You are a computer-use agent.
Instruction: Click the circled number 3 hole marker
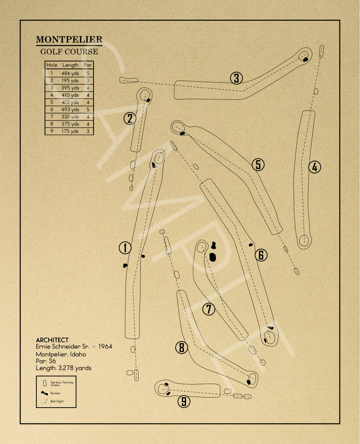(237, 78)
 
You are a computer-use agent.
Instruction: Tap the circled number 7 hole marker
(208, 309)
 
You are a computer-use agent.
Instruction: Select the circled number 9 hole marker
(184, 401)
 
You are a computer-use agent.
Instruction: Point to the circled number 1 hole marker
(125, 248)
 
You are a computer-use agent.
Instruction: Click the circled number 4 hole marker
(315, 167)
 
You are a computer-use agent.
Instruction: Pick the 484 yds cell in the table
(70, 73)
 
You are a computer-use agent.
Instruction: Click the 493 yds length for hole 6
(70, 109)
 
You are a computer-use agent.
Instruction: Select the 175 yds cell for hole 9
(70, 131)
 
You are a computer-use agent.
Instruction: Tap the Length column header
(70, 65)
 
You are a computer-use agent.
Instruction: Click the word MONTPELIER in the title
(69, 40)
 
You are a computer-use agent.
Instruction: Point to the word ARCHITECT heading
(52, 340)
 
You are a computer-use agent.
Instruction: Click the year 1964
(105, 346)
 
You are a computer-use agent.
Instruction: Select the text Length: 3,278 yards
(64, 368)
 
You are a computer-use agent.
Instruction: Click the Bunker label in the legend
(55, 393)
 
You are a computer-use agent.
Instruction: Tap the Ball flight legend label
(57, 401)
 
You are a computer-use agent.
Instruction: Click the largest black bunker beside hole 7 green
(213, 257)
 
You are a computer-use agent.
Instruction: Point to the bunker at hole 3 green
(306, 59)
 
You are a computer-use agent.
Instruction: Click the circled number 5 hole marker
(258, 165)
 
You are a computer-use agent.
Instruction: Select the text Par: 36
(46, 361)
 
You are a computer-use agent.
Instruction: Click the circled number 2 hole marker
(130, 118)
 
